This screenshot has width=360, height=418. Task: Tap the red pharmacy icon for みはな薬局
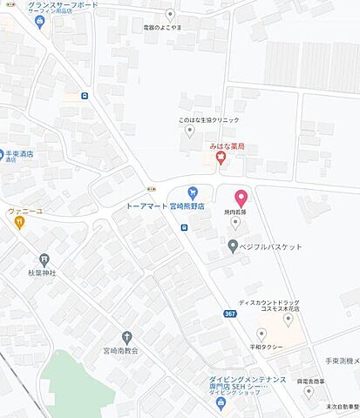(221, 158)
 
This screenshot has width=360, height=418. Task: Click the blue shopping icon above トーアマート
(194, 192)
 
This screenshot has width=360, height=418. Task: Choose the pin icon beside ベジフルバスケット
(233, 246)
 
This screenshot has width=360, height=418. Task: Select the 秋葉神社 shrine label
(41, 273)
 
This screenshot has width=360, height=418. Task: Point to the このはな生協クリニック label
(209, 120)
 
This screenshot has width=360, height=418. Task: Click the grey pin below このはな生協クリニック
(189, 131)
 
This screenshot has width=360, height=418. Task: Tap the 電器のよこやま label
(170, 27)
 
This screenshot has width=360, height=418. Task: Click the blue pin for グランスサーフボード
(38, 21)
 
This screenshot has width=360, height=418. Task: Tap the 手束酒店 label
(19, 154)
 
